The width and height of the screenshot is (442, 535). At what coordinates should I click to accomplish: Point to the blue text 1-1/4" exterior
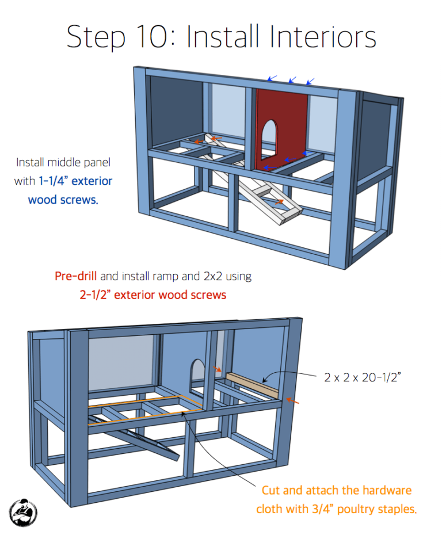pyautogui.click(x=75, y=181)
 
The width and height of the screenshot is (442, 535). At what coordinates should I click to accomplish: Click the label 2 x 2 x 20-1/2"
pyautogui.click(x=363, y=377)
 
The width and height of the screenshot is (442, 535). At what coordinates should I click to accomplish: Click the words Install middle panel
pyautogui.click(x=63, y=162)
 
